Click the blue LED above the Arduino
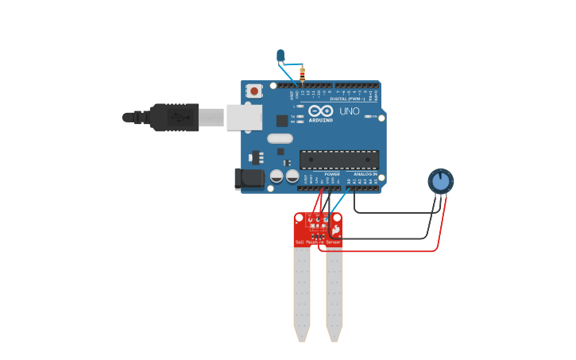pos(280,56)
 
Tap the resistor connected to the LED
pos(302,75)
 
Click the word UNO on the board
pos(350,111)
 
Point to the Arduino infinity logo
pos(321,111)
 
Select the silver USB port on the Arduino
pos(243,117)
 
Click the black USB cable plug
pos(173,117)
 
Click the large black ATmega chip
pos(338,159)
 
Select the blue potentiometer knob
pos(440,181)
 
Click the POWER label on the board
pos(332,174)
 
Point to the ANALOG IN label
pos(365,174)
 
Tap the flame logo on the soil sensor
pos(336,230)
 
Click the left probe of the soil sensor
pos(302,294)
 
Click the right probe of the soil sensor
pos(334,294)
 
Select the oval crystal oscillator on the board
pos(280,138)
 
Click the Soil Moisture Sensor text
pos(317,242)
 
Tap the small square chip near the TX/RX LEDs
pos(282,121)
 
